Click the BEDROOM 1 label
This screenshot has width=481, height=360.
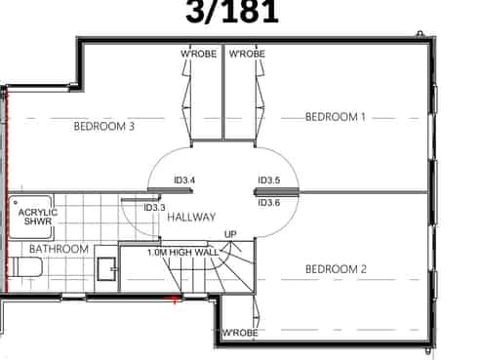pyautogui.click(x=336, y=117)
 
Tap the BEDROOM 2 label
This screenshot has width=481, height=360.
pyautogui.click(x=336, y=269)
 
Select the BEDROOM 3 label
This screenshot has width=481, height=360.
pyautogui.click(x=104, y=126)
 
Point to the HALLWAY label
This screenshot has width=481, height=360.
pyautogui.click(x=191, y=217)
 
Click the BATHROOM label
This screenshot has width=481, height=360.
pyautogui.click(x=59, y=249)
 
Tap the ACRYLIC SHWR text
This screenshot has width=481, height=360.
pyautogui.click(x=38, y=217)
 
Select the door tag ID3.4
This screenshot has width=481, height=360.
pyautogui.click(x=184, y=180)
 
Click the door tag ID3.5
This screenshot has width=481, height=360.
pyautogui.click(x=269, y=180)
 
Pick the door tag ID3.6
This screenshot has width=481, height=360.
pyautogui.click(x=269, y=203)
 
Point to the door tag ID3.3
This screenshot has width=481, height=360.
pyautogui.click(x=154, y=208)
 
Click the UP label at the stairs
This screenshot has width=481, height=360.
pyautogui.click(x=230, y=234)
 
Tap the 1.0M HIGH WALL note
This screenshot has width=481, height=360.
pyautogui.click(x=183, y=252)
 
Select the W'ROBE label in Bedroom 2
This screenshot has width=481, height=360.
pyautogui.click(x=240, y=333)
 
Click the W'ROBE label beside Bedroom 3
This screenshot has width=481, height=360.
pyautogui.click(x=199, y=54)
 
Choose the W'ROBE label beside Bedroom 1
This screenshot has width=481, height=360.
pyautogui.click(x=247, y=54)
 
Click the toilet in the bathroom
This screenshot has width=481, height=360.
pyautogui.click(x=24, y=267)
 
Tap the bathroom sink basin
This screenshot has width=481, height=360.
pyautogui.click(x=107, y=269)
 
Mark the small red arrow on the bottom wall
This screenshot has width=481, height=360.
pyautogui.click(x=173, y=298)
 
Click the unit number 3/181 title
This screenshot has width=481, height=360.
pyautogui.click(x=232, y=12)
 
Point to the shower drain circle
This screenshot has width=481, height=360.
pyautogui.click(x=16, y=202)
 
